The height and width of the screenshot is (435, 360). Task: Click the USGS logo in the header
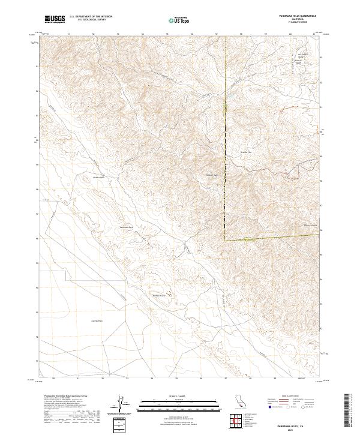coord(54,20)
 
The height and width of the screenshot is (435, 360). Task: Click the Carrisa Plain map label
coord(97,321)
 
